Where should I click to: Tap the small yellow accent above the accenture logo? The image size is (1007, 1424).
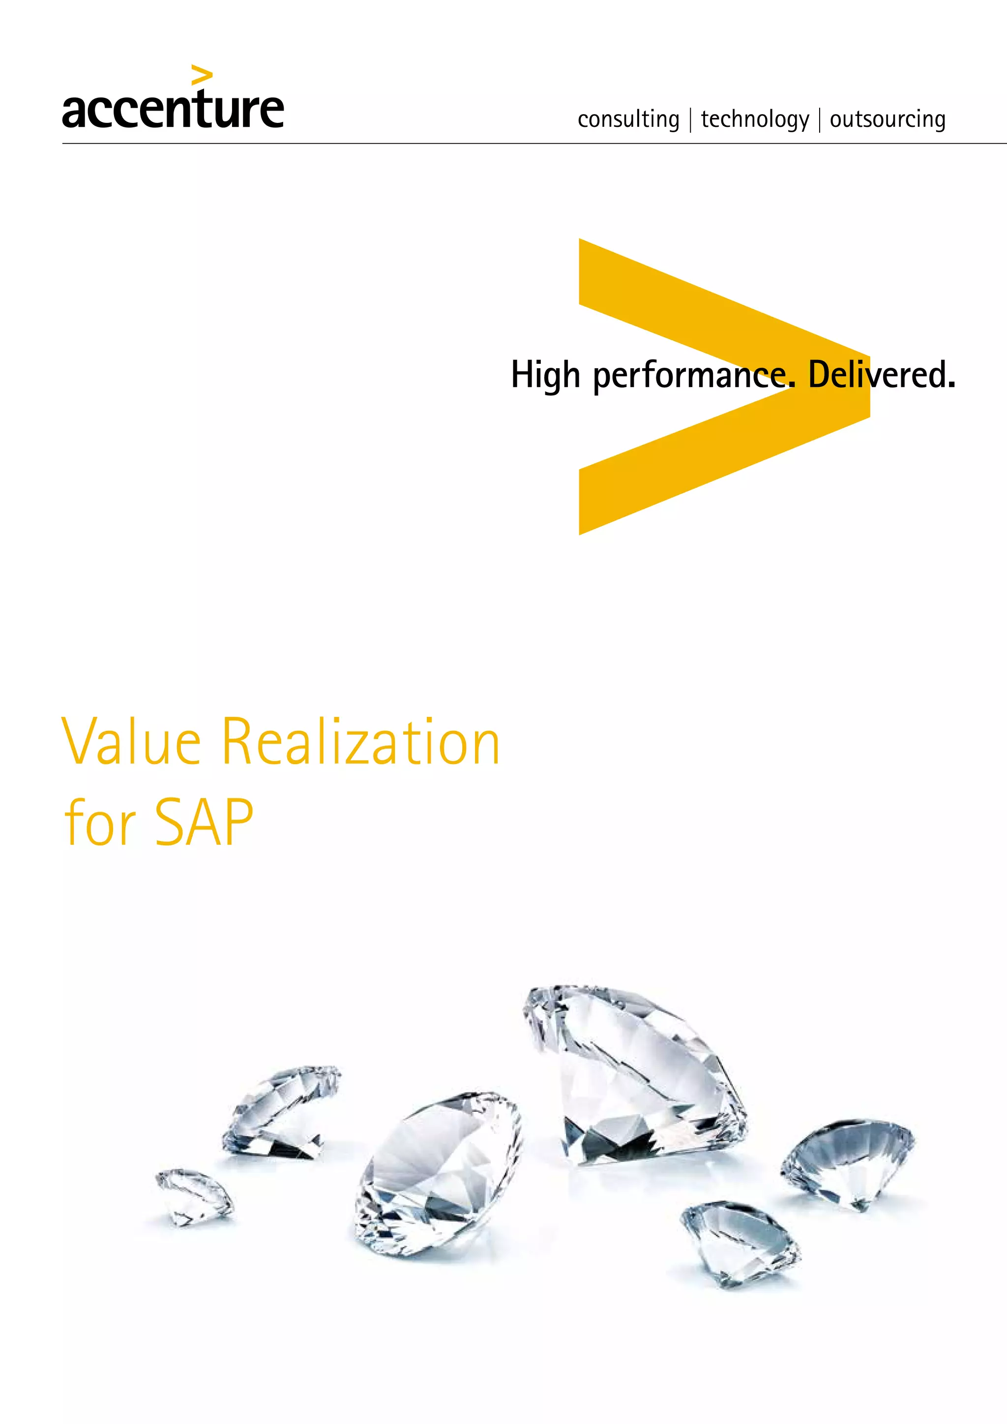[x=202, y=75]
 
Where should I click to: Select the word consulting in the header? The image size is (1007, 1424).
[x=628, y=119]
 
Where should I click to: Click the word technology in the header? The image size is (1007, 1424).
[x=755, y=119]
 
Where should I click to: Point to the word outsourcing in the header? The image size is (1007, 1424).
[x=888, y=119]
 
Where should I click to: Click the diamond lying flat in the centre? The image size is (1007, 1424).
[x=437, y=1174]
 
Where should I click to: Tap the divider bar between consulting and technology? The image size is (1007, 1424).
[x=690, y=119]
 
